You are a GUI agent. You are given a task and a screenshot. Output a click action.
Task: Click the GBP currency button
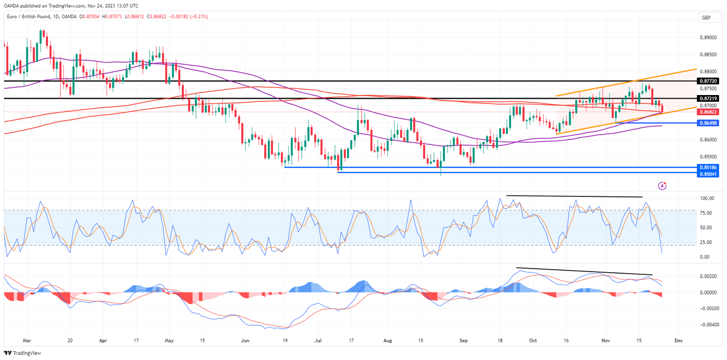pos(706,18)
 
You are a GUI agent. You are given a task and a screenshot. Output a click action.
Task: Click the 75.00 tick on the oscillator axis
pos(704,213)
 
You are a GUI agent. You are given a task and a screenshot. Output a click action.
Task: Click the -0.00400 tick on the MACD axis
pos(707,325)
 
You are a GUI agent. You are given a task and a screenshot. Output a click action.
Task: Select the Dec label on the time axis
pos(678,341)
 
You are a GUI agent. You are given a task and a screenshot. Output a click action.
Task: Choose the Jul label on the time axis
pos(317,341)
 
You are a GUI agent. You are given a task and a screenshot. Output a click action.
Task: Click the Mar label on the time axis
pos(28,341)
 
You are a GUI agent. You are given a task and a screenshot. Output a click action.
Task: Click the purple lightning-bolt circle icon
pos(662,185)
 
